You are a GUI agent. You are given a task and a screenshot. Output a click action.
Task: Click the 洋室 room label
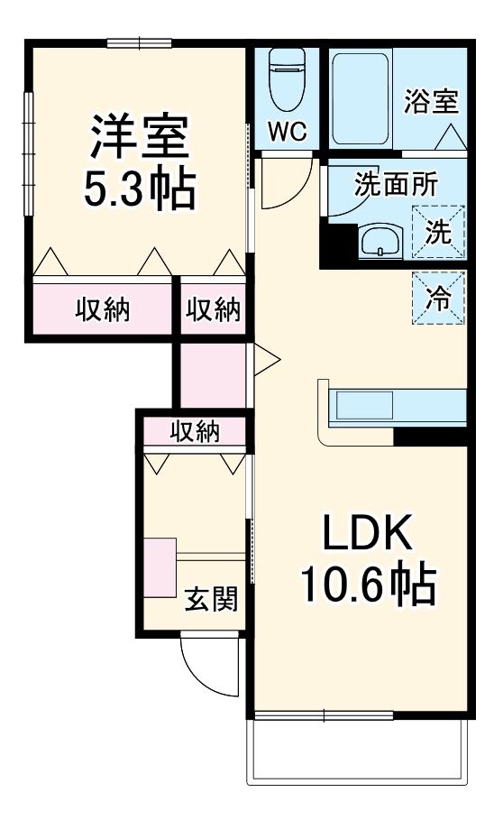pyautogui.click(x=139, y=135)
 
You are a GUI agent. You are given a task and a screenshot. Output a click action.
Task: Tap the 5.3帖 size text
pyautogui.click(x=139, y=187)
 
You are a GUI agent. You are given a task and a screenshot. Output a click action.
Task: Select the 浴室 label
pyautogui.click(x=431, y=101)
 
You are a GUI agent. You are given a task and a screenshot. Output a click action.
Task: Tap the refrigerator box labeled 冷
pyautogui.click(x=438, y=297)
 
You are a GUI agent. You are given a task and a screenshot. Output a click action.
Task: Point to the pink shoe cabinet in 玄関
pyautogui.click(x=159, y=567)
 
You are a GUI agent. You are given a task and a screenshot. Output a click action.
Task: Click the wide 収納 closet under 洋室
pyautogui.click(x=102, y=309)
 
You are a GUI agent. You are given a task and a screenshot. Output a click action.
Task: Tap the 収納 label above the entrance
pyautogui.click(x=195, y=432)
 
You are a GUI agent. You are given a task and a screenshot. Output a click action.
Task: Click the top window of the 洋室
pyautogui.click(x=139, y=41)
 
